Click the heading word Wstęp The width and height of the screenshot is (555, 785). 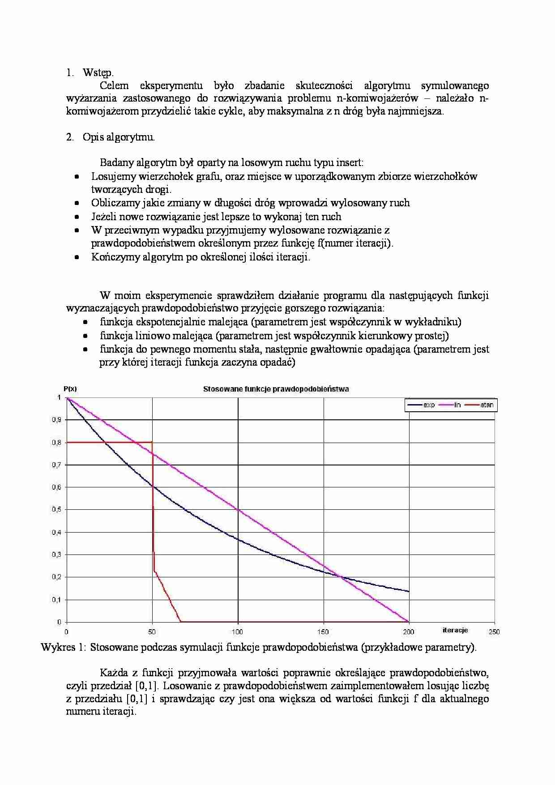(x=98, y=73)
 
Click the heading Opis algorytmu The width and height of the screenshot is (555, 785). (x=118, y=137)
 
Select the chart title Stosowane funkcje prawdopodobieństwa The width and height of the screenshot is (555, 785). (x=276, y=389)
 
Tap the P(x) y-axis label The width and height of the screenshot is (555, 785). (x=70, y=389)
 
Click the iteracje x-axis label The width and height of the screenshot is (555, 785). (x=455, y=630)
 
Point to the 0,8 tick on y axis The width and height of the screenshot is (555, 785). (x=56, y=443)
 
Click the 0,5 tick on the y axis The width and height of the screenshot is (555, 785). (x=56, y=510)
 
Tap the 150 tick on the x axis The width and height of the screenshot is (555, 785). (x=323, y=632)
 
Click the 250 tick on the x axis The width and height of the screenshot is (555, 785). (x=494, y=632)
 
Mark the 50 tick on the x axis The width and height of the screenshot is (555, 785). (x=152, y=632)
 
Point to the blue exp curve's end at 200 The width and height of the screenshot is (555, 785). (x=408, y=591)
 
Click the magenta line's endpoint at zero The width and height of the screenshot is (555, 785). (x=408, y=621)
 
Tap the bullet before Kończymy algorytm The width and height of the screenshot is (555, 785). (x=77, y=257)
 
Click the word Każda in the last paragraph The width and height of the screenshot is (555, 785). (x=114, y=673)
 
